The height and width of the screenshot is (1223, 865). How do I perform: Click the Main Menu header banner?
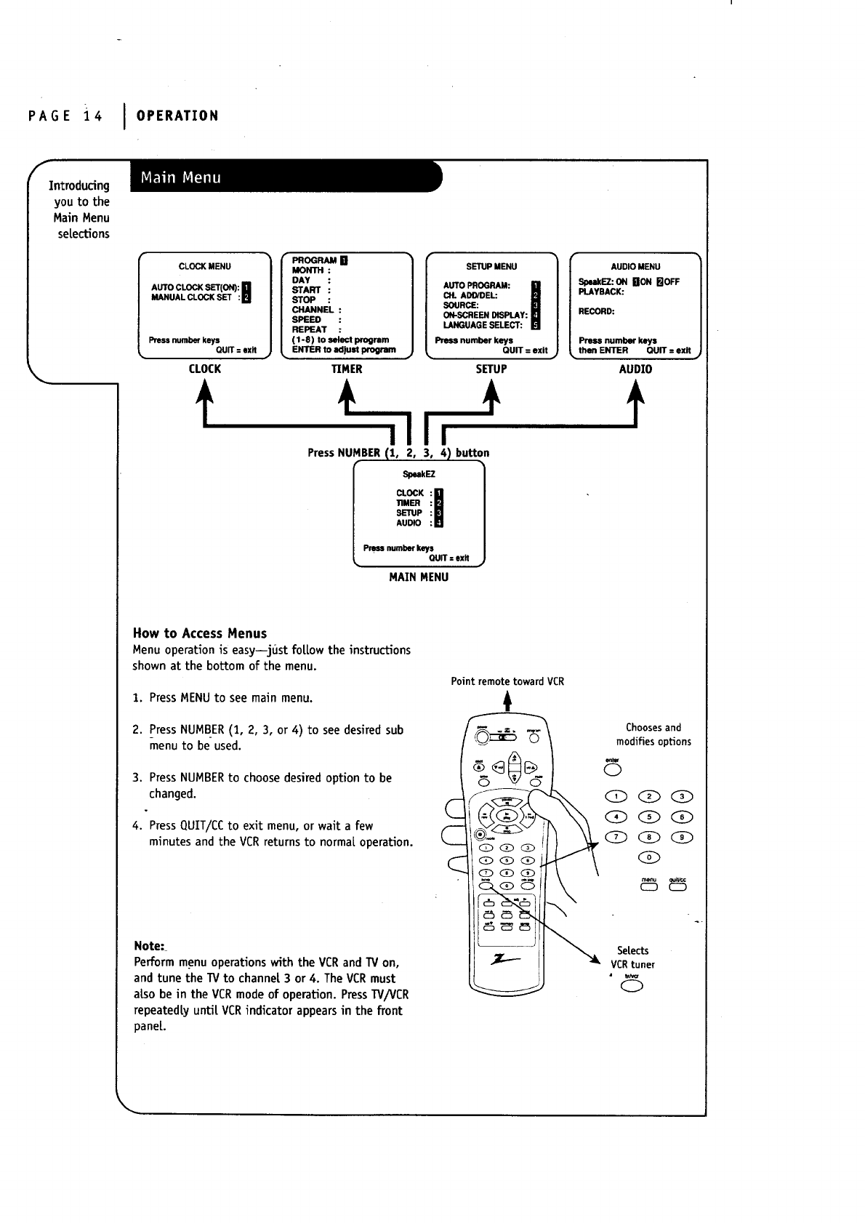point(283,177)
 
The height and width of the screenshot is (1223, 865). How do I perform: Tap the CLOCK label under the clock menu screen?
point(204,369)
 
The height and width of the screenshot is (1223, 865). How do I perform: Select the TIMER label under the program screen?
point(347,369)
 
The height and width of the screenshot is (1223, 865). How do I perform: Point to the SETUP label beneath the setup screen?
point(491,369)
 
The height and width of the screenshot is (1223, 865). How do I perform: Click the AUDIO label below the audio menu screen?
point(635,369)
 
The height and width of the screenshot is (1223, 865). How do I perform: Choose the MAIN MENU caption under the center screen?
point(419,577)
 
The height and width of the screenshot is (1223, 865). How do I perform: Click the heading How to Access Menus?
point(199,633)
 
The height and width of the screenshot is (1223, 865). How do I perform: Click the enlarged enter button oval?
point(612,770)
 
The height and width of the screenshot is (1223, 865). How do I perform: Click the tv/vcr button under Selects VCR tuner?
point(631,987)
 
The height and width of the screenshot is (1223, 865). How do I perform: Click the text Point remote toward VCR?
point(507,681)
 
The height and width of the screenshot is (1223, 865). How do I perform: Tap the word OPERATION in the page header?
point(177,116)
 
